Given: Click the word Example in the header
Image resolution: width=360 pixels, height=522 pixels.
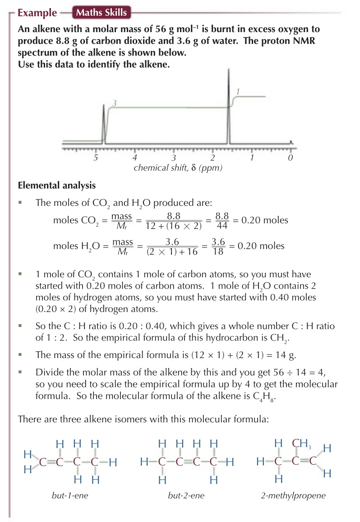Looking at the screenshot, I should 37,13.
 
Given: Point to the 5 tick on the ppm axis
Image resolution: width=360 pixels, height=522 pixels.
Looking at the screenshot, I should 96,158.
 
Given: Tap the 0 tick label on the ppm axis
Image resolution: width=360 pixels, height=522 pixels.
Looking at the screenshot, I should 291,158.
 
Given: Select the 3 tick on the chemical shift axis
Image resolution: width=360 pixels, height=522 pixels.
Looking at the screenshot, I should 174,158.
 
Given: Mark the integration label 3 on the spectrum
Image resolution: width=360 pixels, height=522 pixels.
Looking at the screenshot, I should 115,103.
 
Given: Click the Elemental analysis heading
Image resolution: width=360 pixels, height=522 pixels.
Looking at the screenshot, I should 56,185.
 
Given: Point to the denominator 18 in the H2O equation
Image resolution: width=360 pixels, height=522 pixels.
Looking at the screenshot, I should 218,251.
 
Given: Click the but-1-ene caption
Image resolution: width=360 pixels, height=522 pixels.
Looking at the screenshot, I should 69,496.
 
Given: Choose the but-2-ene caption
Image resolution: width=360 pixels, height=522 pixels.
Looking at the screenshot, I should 186,496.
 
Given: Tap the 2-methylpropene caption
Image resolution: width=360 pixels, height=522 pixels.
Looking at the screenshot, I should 293,496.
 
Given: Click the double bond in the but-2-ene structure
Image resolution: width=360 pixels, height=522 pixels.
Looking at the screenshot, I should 186,462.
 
